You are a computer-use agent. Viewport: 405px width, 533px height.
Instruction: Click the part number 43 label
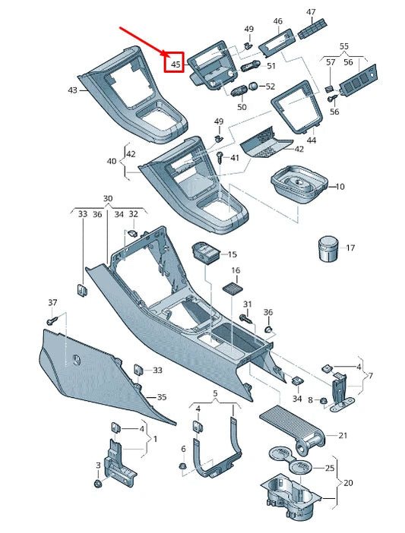tap(73, 90)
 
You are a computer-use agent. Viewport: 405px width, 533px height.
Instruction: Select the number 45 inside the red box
tap(176, 64)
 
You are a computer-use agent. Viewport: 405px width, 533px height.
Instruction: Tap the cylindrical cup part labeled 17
tap(327, 248)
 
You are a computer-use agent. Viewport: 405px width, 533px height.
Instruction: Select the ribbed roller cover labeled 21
tap(293, 427)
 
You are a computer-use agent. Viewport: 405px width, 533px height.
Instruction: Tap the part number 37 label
tap(52, 303)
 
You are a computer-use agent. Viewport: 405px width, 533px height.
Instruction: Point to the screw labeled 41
tap(220, 158)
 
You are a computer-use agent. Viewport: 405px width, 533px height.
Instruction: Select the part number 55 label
tap(344, 46)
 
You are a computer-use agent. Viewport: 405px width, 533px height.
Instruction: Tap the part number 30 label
tap(108, 199)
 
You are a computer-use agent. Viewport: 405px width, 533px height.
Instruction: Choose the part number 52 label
tap(271, 87)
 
